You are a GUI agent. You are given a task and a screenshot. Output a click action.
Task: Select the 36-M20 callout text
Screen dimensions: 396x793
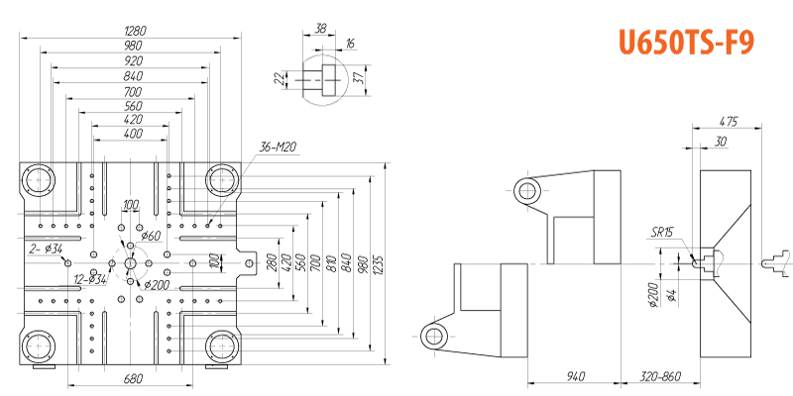279,148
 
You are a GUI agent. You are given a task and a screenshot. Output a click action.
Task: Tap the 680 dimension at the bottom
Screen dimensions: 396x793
133,378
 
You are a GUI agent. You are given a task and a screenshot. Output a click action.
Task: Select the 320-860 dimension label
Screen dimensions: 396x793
661,377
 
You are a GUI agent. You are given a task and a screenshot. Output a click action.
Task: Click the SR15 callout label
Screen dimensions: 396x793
662,232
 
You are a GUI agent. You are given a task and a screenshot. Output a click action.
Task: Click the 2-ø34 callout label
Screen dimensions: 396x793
46,247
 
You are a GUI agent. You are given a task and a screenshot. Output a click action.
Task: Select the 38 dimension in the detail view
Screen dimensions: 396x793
319,30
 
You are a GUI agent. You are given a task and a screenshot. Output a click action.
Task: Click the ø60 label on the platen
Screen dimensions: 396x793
151,236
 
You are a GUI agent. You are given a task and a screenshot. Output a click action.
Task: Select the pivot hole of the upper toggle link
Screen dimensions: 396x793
526,190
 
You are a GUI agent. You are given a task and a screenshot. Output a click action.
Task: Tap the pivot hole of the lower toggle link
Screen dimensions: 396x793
432,338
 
